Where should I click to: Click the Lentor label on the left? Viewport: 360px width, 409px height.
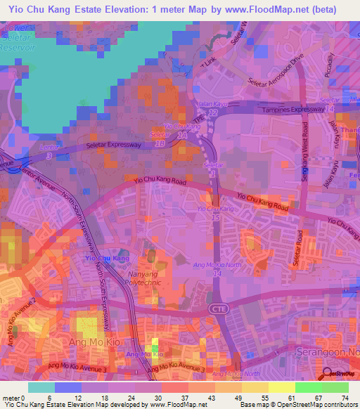pyautogui.click(x=49, y=147)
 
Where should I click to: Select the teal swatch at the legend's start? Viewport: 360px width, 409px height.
pyautogui.click(x=41, y=387)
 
